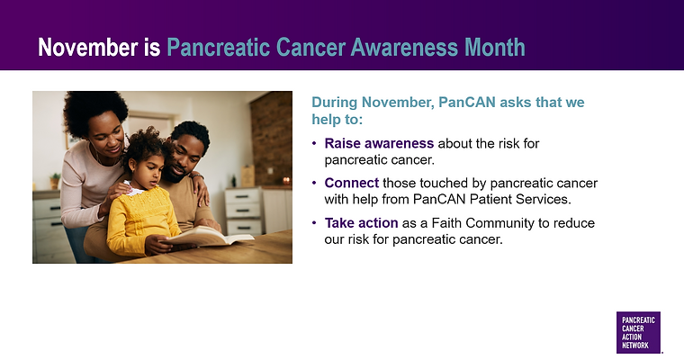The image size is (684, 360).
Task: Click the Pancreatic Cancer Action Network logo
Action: point(638,333)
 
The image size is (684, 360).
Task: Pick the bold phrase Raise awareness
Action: point(379,144)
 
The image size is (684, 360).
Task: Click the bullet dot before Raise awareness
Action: point(313,144)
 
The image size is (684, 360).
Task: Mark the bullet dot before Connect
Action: point(313,183)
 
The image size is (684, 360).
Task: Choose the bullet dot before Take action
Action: point(313,223)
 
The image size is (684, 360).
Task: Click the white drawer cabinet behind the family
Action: point(243,211)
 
